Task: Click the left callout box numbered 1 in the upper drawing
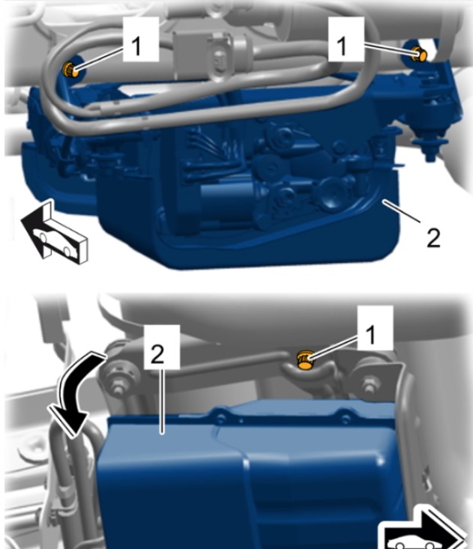pos(141,39)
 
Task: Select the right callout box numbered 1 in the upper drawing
pos(346,39)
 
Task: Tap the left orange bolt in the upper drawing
pos(70,69)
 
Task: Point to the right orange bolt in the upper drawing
pos(419,54)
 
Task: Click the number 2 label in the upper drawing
pos(433,237)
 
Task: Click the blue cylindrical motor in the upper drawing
pos(224,198)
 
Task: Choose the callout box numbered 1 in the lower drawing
pos(376,328)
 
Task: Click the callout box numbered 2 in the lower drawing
pos(162,347)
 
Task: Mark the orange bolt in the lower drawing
pos(305,360)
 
